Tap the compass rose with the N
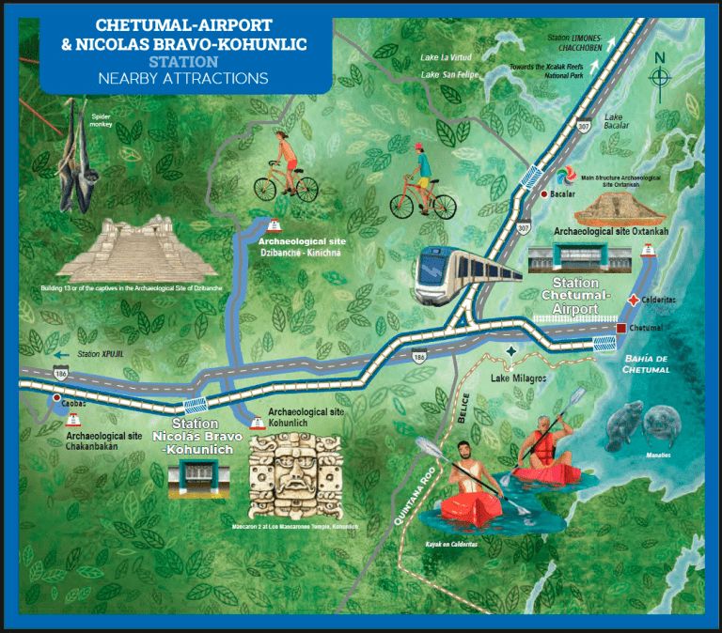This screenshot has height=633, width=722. click(x=661, y=74)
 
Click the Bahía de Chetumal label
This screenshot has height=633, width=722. click(x=646, y=363)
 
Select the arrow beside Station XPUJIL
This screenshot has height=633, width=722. click(x=63, y=354)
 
